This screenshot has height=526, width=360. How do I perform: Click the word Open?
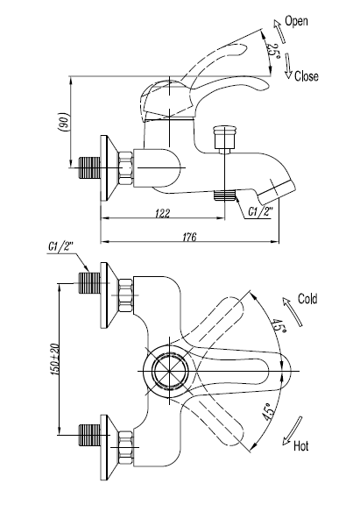tap(296, 21)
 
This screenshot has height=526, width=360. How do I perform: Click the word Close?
tap(306, 76)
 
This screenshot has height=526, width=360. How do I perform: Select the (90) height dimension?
tap(64, 121)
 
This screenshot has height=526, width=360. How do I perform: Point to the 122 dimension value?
tap(162, 213)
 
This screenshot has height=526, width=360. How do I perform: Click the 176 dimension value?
tap(189, 237)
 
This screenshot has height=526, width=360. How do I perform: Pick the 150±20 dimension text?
tap(54, 359)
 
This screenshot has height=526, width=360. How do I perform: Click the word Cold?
tap(307, 299)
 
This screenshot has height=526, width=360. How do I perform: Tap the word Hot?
tap(300, 446)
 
